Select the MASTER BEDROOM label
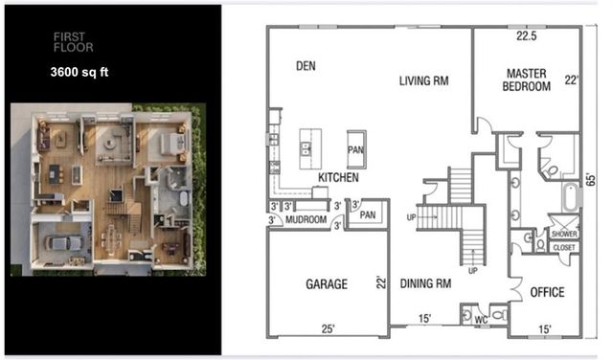(x=528, y=79)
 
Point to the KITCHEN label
(x=339, y=177)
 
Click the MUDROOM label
(x=306, y=219)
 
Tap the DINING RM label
(x=426, y=283)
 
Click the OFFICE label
(x=546, y=292)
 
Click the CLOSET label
(x=564, y=246)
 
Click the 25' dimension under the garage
(x=329, y=329)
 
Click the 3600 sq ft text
(x=81, y=71)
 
